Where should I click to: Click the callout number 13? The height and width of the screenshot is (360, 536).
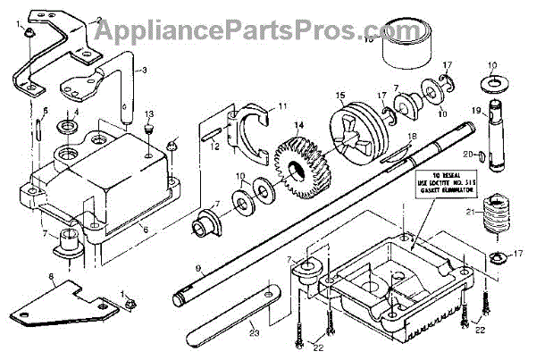[149, 113]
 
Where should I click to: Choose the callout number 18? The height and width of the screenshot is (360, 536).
[411, 136]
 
